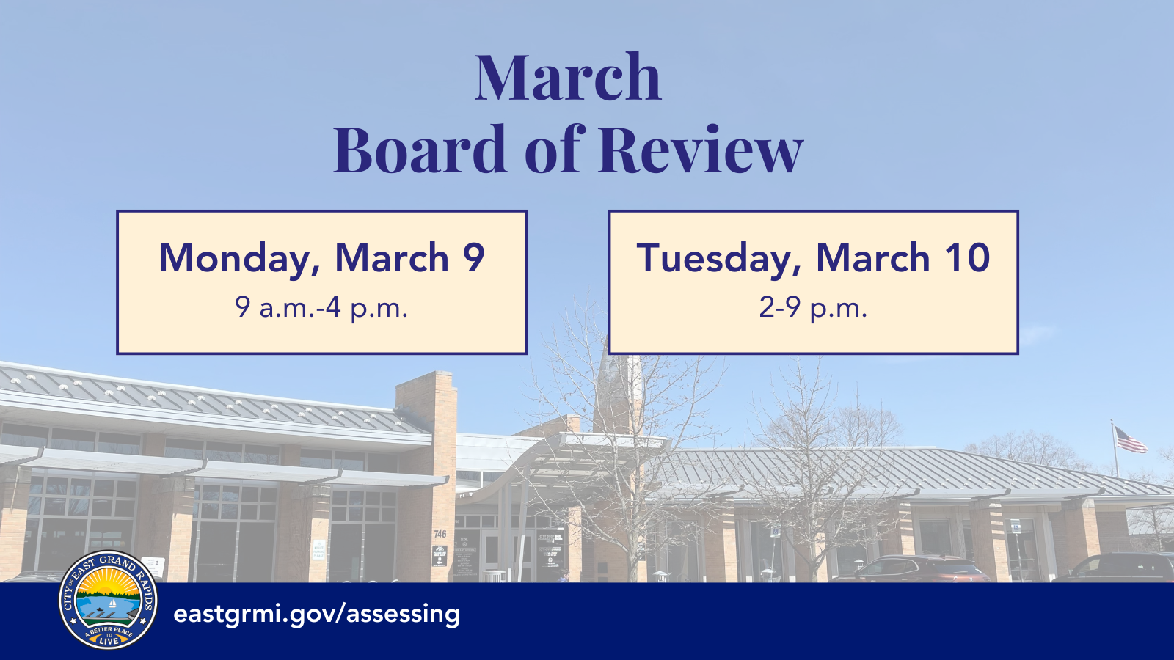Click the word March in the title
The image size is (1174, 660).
(567, 78)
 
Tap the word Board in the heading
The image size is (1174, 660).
(420, 150)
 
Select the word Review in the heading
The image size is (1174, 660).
(701, 150)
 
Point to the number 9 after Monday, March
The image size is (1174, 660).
(474, 258)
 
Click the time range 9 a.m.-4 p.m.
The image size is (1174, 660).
(321, 307)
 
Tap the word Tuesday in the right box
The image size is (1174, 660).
(715, 259)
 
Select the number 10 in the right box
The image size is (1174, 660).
(967, 258)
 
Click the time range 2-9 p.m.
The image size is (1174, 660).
(813, 307)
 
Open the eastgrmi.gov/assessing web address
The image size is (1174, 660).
(317, 614)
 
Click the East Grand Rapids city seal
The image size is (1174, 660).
(109, 600)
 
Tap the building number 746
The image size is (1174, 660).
(440, 535)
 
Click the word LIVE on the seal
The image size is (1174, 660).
(109, 641)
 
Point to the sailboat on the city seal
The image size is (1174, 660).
(112, 604)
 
